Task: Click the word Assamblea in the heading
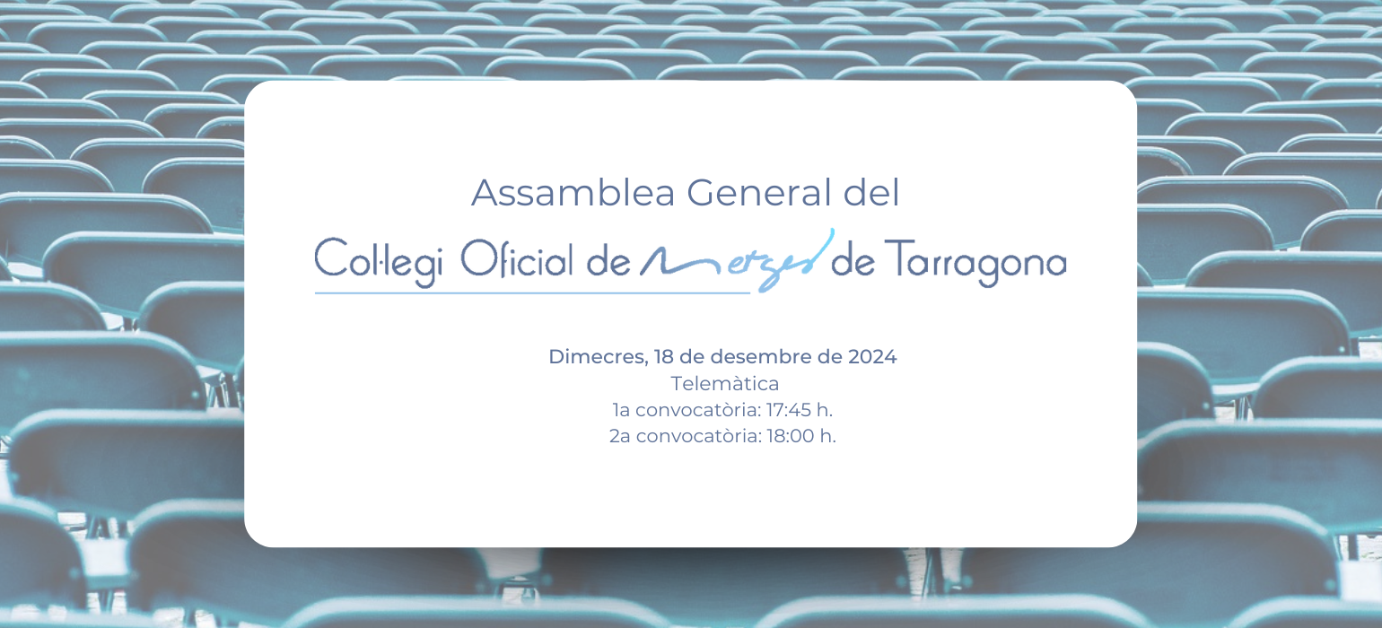click(x=573, y=193)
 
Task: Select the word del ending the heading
click(x=871, y=192)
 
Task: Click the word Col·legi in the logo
click(x=379, y=262)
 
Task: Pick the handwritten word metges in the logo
click(x=738, y=260)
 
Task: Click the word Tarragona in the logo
click(x=975, y=262)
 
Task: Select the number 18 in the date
click(x=664, y=356)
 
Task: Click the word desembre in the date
click(x=761, y=356)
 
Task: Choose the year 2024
click(x=871, y=356)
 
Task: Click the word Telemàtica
click(x=725, y=384)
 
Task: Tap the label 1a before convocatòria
click(x=621, y=410)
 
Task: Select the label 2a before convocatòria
click(x=619, y=436)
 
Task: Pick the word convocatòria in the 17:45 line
click(x=698, y=410)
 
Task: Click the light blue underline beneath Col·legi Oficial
click(x=532, y=293)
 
